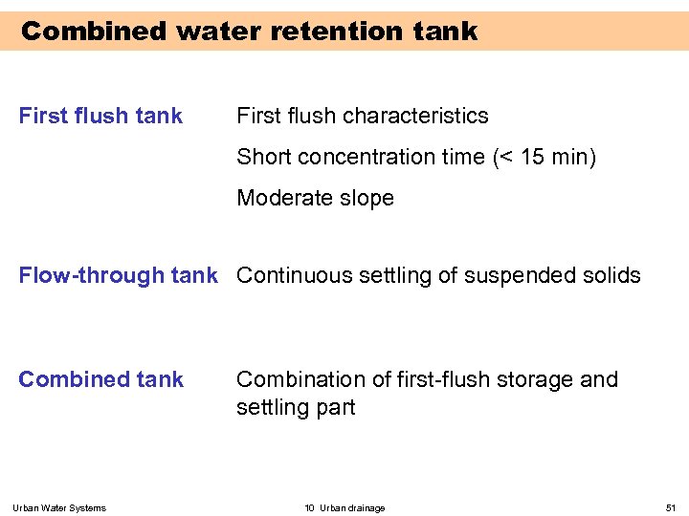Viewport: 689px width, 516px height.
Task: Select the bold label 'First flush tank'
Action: pyautogui.click(x=100, y=116)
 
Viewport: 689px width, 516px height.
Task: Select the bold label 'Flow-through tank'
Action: pyautogui.click(x=119, y=275)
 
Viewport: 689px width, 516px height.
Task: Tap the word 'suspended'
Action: pyautogui.click(x=518, y=275)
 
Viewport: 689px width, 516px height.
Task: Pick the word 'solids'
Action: pyautogui.click(x=609, y=275)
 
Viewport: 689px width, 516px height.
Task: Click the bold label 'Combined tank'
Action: pyautogui.click(x=100, y=379)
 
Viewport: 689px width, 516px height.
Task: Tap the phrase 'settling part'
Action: pyautogui.click(x=296, y=407)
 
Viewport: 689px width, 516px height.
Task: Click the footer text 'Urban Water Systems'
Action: pyautogui.click(x=59, y=507)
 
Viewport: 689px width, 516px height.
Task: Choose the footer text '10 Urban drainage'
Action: pyautogui.click(x=344, y=507)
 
